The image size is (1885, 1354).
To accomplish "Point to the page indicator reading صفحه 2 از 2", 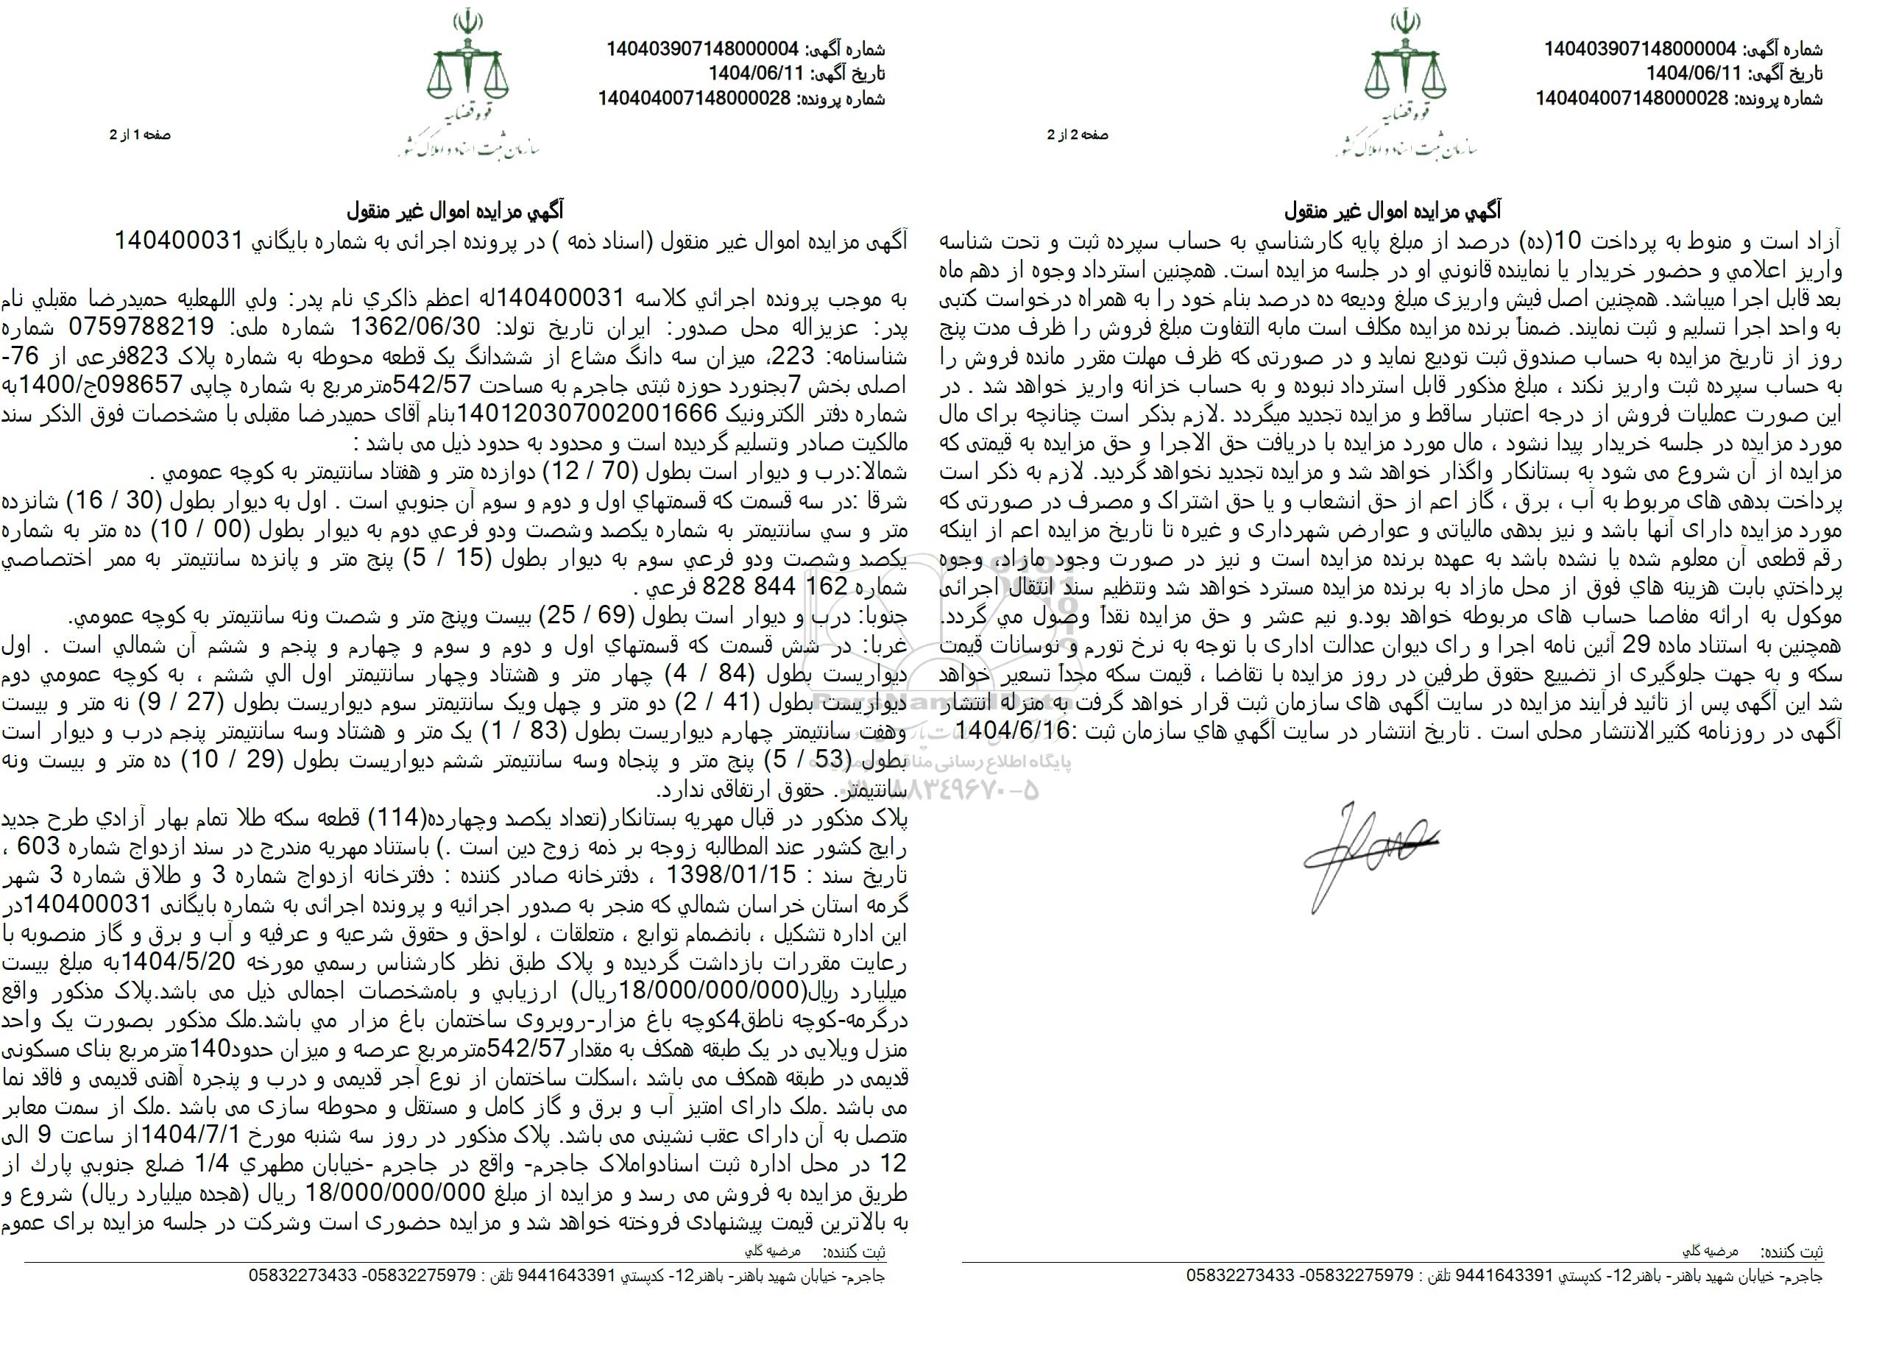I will pyautogui.click(x=1078, y=135).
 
